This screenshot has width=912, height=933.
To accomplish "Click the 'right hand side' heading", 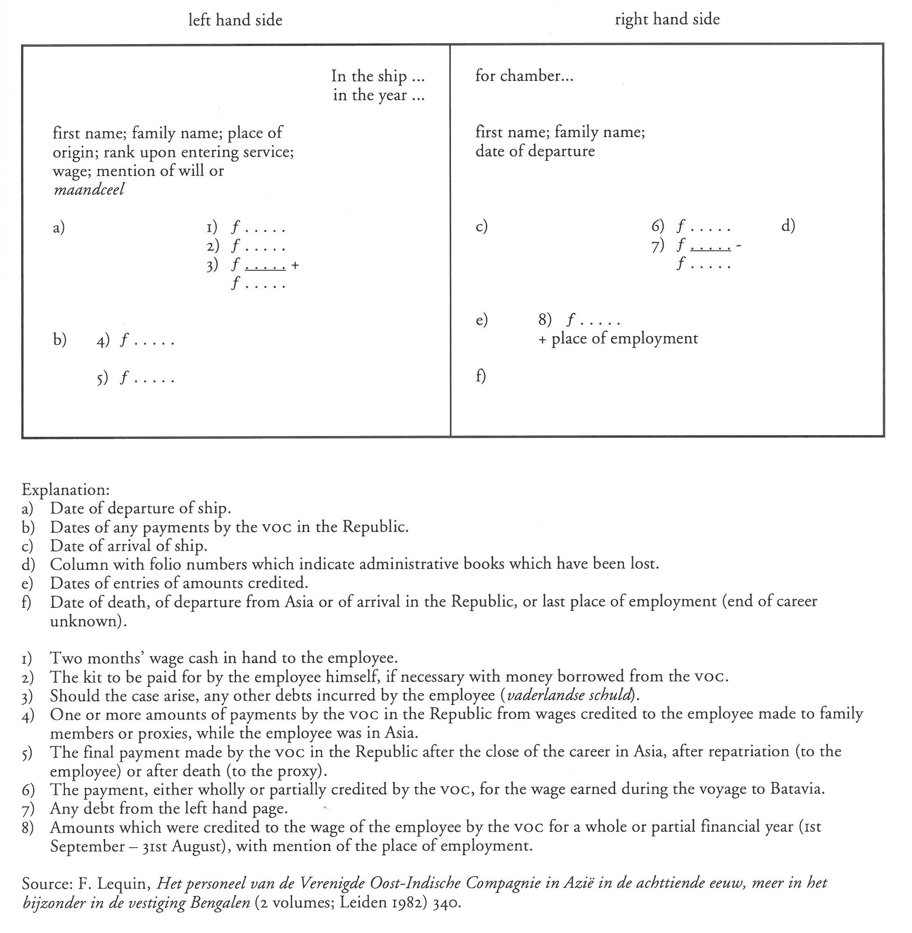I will coord(667,19).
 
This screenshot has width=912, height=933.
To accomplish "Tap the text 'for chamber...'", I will coord(524,76).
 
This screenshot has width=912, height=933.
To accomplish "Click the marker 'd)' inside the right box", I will coord(788,225).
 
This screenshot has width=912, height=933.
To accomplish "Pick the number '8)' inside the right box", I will coord(545,319).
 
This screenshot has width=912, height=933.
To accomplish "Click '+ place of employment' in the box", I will coord(618,338).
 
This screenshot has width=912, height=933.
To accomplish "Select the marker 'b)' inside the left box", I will coord(60,339).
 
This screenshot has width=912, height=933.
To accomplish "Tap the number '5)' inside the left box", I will coord(102,379).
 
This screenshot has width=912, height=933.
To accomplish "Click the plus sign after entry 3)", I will coord(295,265).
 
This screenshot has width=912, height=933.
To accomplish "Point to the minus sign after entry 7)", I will coord(739,246).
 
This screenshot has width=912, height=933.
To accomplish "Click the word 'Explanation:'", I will coord(66,489).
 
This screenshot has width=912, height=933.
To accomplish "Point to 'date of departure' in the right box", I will coord(535,151).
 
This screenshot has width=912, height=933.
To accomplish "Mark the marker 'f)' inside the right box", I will coord(481,376).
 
